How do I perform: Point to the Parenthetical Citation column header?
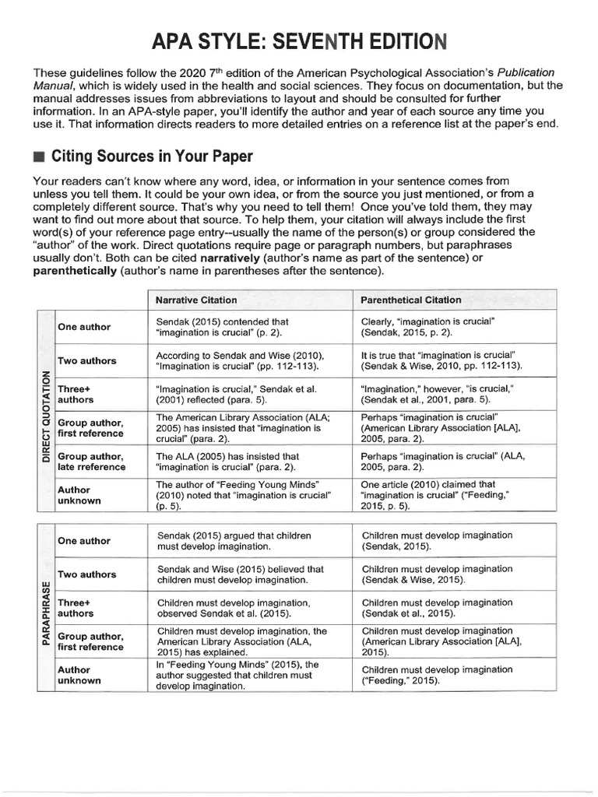(x=411, y=300)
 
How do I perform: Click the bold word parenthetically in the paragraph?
(x=76, y=271)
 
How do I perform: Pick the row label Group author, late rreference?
(x=91, y=462)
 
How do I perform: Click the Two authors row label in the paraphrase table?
(x=87, y=574)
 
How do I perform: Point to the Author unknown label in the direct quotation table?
(x=79, y=495)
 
